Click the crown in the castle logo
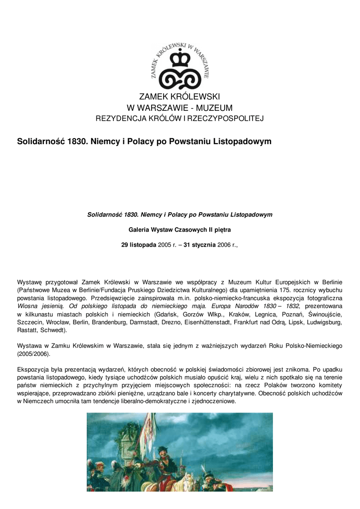coord(180,60)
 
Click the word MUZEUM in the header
coord(211,107)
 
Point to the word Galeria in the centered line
coord(140,230)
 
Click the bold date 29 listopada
coord(139,245)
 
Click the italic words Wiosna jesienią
coord(39,306)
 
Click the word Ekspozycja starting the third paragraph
coord(33,370)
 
